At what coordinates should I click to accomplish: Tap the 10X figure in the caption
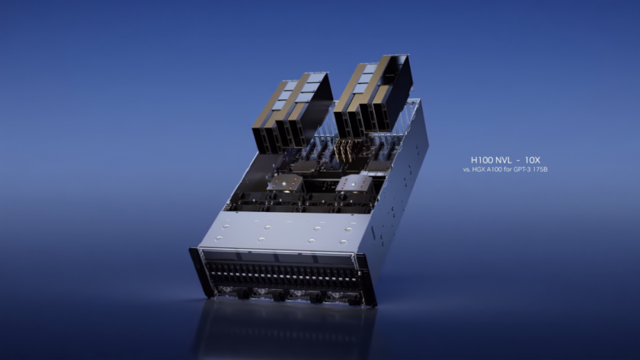pos(532,160)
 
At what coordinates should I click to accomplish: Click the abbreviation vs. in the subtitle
pos(467,169)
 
